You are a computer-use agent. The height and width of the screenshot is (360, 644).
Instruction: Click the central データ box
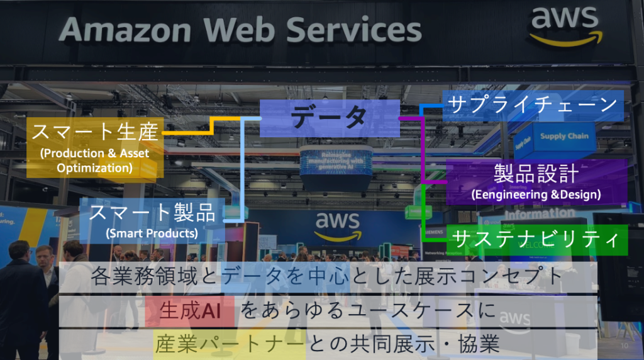pos(330,118)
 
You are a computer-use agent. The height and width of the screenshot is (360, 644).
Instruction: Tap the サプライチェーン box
pos(532,105)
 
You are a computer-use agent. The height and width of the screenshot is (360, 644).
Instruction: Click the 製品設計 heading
pos(536,174)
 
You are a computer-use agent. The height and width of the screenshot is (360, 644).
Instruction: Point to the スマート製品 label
pos(152,213)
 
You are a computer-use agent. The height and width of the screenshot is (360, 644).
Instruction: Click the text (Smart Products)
pos(152,233)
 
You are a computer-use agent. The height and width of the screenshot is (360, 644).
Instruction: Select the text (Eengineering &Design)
pos(536,194)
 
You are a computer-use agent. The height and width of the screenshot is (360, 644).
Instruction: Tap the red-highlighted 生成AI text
pos(189,311)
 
